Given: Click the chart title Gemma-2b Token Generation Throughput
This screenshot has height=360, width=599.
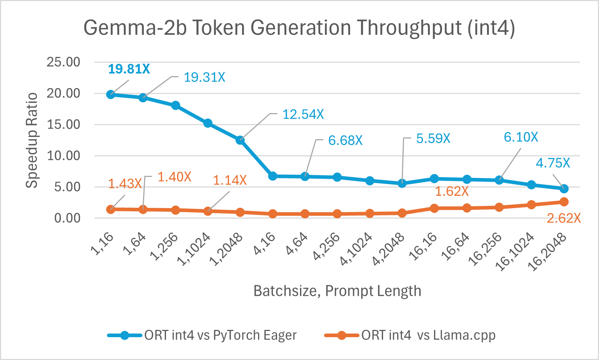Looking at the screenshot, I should tap(299, 28).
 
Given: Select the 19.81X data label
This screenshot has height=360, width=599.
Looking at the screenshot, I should tap(129, 69).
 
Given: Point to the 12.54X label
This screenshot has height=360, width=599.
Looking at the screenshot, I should tap(303, 115).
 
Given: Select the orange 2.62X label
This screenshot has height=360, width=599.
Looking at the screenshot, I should tap(563, 218).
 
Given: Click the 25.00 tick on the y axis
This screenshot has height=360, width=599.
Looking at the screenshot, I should tap(63, 62).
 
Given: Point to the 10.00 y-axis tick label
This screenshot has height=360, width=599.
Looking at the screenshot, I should tap(63, 156).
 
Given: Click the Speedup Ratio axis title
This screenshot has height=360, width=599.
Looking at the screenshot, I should tap(32, 140).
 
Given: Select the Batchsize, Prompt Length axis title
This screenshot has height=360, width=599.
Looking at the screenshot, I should tap(337, 291).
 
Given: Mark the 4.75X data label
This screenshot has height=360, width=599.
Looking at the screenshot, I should tap(553, 163).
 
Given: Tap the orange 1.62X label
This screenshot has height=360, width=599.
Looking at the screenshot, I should tap(452, 191).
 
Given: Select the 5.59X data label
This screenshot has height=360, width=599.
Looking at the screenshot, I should tap(433, 138).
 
